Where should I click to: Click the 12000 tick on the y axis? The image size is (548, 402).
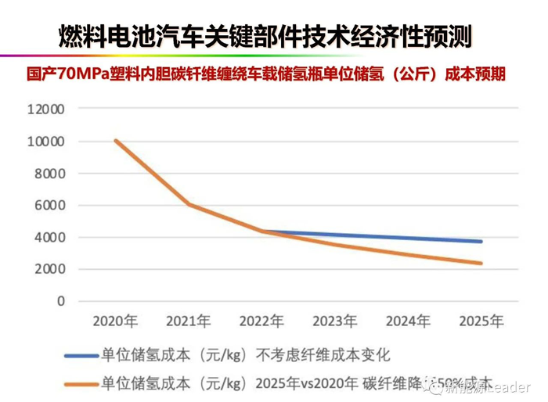[45, 109]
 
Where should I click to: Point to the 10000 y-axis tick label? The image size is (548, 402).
[45, 142]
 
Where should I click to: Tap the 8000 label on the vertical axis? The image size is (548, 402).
[49, 174]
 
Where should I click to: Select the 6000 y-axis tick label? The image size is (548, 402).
[49, 206]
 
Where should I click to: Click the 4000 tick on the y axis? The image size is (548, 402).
[49, 238]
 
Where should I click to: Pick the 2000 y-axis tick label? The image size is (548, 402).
[49, 270]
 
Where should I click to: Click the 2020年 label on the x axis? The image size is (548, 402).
[116, 321]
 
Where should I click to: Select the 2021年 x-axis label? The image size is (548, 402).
[189, 321]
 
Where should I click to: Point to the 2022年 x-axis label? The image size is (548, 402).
[262, 321]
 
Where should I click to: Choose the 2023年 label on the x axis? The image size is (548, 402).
[335, 321]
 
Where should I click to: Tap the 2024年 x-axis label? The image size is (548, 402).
[408, 321]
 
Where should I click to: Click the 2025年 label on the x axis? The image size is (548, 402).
[481, 321]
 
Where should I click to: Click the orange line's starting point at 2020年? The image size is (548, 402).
[116, 141]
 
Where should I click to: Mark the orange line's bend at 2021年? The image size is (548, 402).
[189, 205]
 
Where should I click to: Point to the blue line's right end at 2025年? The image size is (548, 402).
[481, 242]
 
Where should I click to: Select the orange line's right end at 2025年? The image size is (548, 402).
[481, 264]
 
